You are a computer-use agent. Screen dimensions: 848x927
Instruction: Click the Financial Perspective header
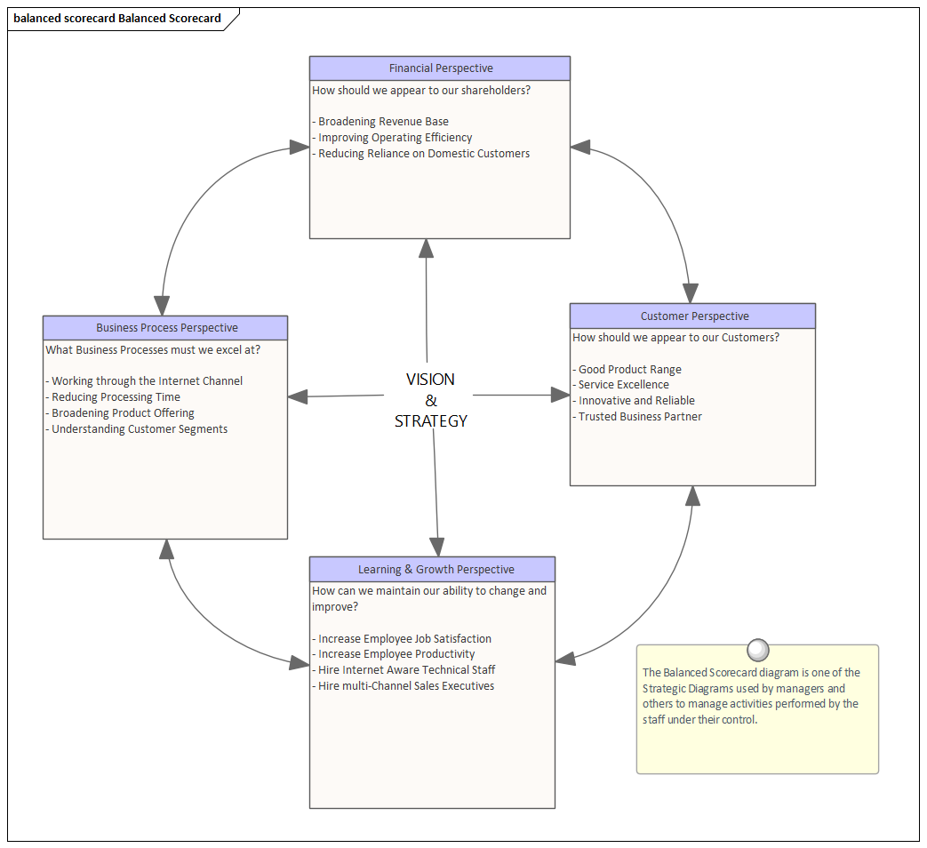click(440, 68)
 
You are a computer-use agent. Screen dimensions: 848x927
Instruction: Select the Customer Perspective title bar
click(693, 316)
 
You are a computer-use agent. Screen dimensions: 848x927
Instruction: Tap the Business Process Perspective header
click(166, 328)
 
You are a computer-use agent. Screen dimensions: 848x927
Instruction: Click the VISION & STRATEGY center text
click(430, 400)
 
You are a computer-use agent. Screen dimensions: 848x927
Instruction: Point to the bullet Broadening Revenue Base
click(383, 122)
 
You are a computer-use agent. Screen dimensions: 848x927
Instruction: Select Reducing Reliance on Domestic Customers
click(424, 154)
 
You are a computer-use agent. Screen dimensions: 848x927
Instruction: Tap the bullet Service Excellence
click(623, 385)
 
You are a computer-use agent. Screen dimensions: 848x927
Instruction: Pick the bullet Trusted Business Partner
click(640, 417)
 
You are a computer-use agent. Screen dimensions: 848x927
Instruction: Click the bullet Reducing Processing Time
click(116, 397)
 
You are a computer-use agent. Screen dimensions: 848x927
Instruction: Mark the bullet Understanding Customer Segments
click(139, 429)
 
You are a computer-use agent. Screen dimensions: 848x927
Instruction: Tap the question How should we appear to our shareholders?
click(421, 90)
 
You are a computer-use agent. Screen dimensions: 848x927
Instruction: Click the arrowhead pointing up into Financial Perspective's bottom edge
click(426, 249)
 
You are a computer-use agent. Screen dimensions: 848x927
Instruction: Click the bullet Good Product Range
click(629, 370)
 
